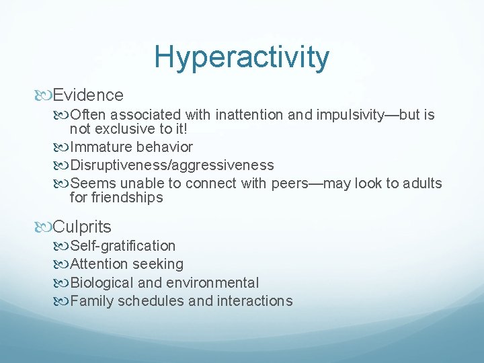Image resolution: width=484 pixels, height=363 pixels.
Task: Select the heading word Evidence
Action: tap(88, 95)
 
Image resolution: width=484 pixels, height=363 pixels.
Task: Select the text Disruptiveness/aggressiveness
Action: tap(172, 165)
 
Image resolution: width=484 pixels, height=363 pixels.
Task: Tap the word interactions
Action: tap(255, 301)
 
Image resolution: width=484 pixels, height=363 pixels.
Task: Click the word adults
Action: tap(423, 183)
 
